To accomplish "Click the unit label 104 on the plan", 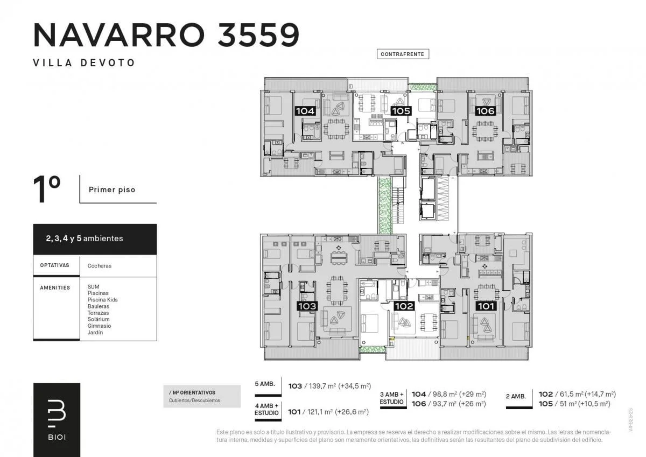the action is coord(305,111).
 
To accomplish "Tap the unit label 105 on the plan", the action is coord(401,111).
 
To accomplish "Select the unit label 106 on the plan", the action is coord(486,111).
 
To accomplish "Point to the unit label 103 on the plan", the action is coord(307,306).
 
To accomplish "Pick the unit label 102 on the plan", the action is coord(404,306).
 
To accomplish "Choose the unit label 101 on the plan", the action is coord(486,306).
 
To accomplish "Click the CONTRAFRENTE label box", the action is coord(403,54).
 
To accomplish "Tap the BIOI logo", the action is coord(57,420).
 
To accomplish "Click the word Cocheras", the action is coord(100,266).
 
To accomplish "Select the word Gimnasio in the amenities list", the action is coord(99,326).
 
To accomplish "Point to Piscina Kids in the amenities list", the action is coord(103,300).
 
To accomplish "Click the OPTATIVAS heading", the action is coord(55,265).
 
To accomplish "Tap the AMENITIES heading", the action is coord(55,288).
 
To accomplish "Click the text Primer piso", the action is coord(112,189).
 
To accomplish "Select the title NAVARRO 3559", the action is coord(166,35).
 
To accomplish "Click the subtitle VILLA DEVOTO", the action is coord(84,63).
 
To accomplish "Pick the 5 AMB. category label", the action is coord(265,384).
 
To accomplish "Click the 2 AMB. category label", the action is coord(516,397).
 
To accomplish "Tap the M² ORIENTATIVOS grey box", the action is coord(202,396).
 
